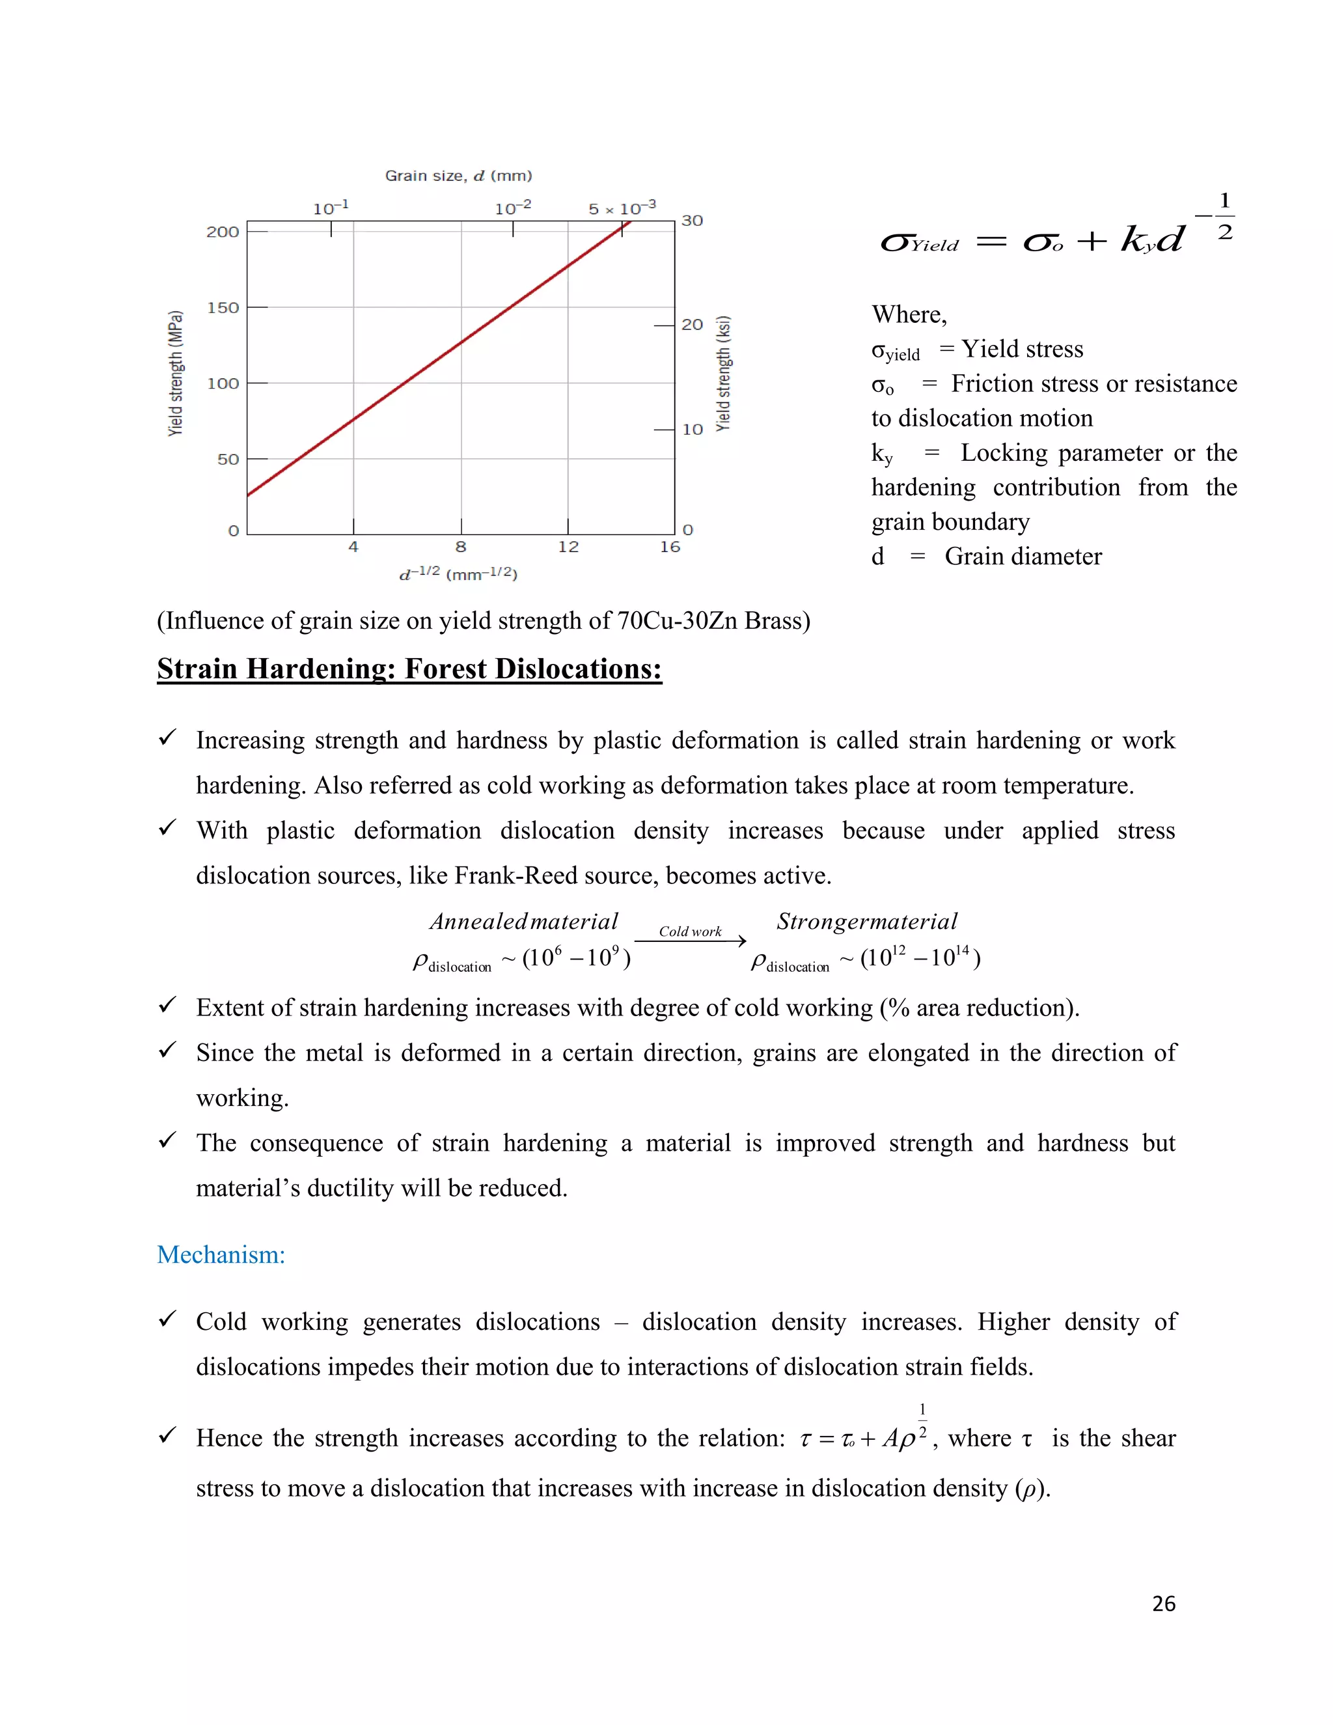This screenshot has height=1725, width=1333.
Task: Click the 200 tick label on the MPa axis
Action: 222,232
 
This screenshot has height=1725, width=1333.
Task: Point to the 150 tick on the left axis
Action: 222,307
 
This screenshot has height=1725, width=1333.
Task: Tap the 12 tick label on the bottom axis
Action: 568,547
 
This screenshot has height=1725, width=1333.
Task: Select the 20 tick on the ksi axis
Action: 692,325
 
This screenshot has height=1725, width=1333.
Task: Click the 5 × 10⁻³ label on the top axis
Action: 622,208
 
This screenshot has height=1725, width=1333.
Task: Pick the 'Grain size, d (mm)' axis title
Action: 458,175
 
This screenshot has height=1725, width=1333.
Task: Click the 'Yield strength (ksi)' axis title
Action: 722,374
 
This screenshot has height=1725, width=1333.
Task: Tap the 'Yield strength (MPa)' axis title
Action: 175,374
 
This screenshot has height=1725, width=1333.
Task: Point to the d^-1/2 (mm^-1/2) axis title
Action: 458,574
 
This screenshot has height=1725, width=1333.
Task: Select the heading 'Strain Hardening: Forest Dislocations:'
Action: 409,669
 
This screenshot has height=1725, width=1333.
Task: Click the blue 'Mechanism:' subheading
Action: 221,1254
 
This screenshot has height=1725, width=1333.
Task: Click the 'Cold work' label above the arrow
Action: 690,931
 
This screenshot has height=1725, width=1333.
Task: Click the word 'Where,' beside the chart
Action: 909,314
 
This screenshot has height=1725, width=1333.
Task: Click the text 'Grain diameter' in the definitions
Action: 1023,556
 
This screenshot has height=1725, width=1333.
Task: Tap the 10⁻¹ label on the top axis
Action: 330,208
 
